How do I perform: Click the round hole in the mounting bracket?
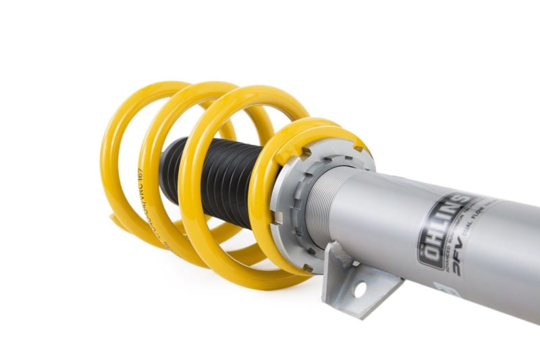[x=360, y=290]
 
